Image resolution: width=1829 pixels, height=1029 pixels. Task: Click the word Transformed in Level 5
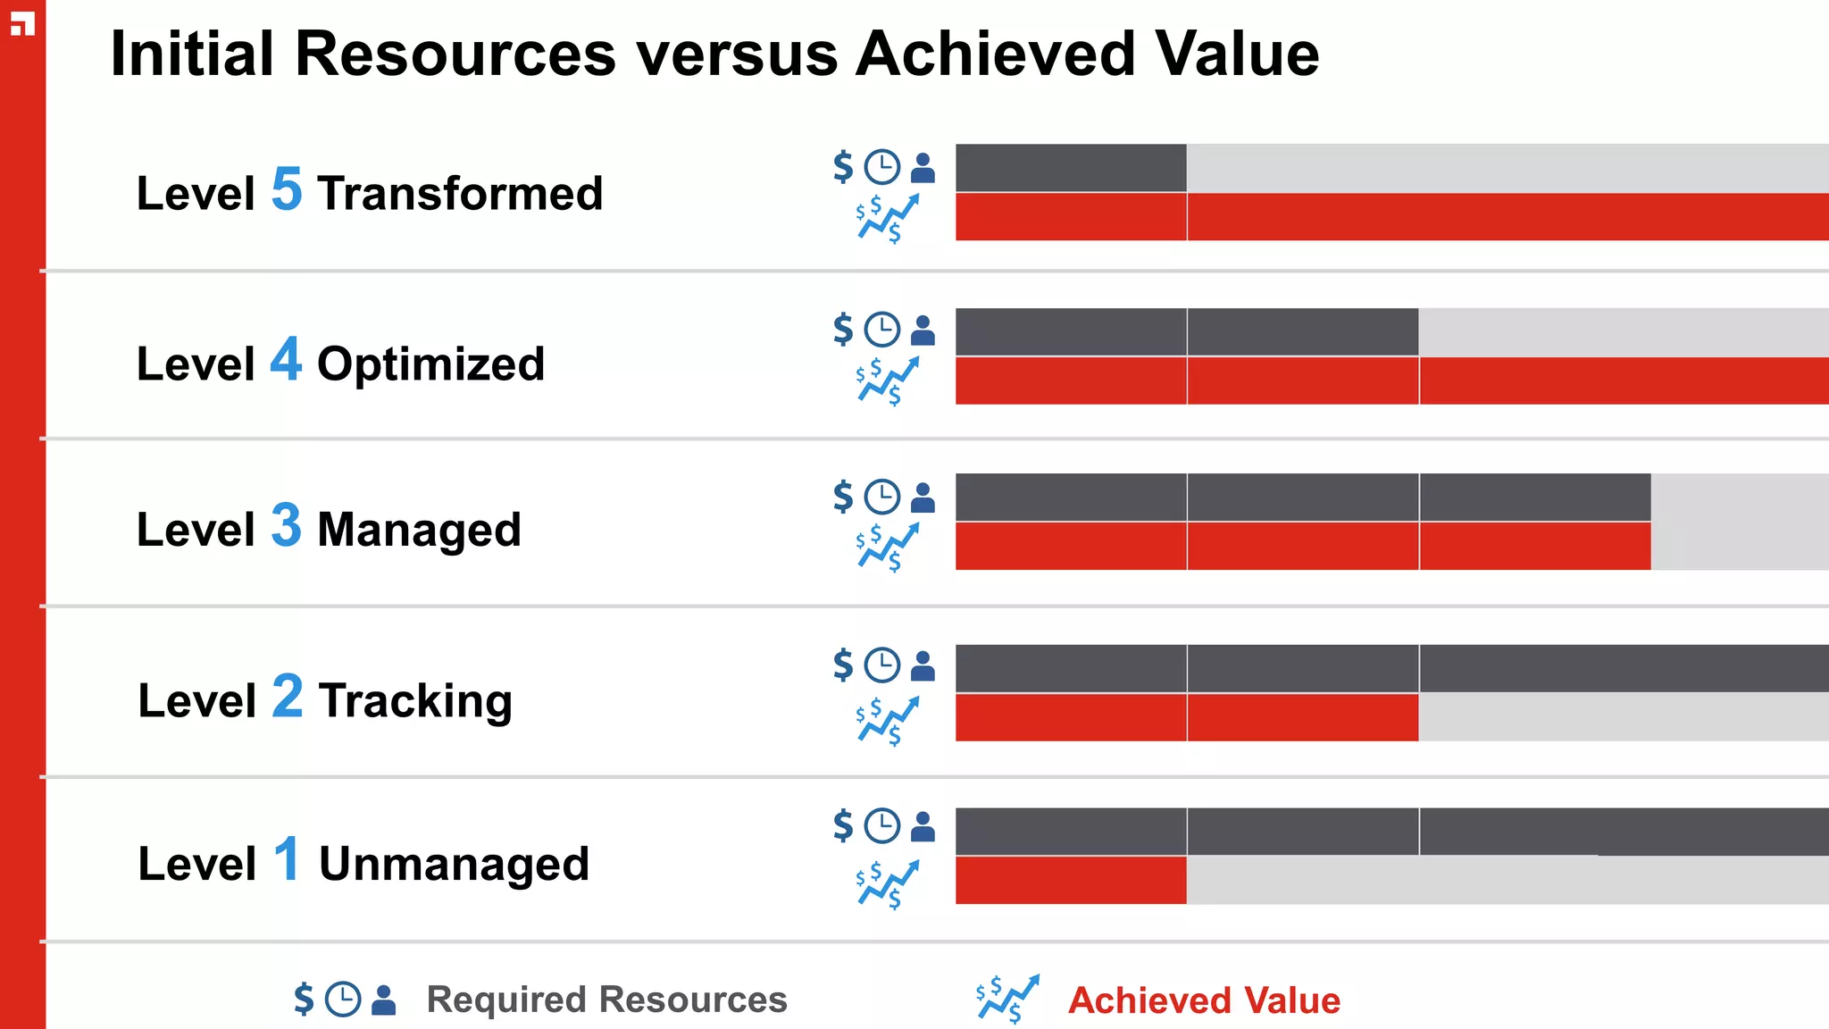pyautogui.click(x=460, y=194)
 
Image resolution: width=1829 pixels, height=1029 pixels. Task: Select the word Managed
pyautogui.click(x=419, y=530)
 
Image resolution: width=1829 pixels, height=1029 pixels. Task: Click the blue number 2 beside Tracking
pyautogui.click(x=288, y=696)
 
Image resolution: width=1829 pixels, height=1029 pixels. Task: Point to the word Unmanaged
pyautogui.click(x=454, y=864)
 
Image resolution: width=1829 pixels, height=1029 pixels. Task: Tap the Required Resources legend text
pyautogui.click(x=606, y=1000)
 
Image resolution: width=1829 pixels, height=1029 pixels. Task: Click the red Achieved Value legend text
pyautogui.click(x=1204, y=1000)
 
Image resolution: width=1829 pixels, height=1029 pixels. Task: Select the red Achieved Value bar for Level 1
pyautogui.click(x=1071, y=880)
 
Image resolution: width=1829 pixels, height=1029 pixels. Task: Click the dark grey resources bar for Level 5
pyautogui.click(x=1071, y=168)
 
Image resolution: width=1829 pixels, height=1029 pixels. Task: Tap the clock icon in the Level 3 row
pyautogui.click(x=882, y=498)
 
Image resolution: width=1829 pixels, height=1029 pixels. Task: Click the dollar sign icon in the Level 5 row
pyautogui.click(x=843, y=167)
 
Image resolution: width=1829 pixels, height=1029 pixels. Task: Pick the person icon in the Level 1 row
pyautogui.click(x=923, y=826)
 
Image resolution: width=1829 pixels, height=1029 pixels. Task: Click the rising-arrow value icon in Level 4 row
pyautogui.click(x=887, y=381)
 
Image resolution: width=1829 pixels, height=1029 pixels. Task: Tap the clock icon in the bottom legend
pyautogui.click(x=343, y=1000)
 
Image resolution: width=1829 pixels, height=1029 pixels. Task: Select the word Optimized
pyautogui.click(x=430, y=364)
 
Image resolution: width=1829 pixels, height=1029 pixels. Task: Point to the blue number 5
pyautogui.click(x=287, y=189)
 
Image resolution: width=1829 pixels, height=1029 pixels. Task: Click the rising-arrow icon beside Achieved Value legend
pyautogui.click(x=1007, y=999)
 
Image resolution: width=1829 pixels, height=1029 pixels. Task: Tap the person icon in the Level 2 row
pyautogui.click(x=923, y=666)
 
